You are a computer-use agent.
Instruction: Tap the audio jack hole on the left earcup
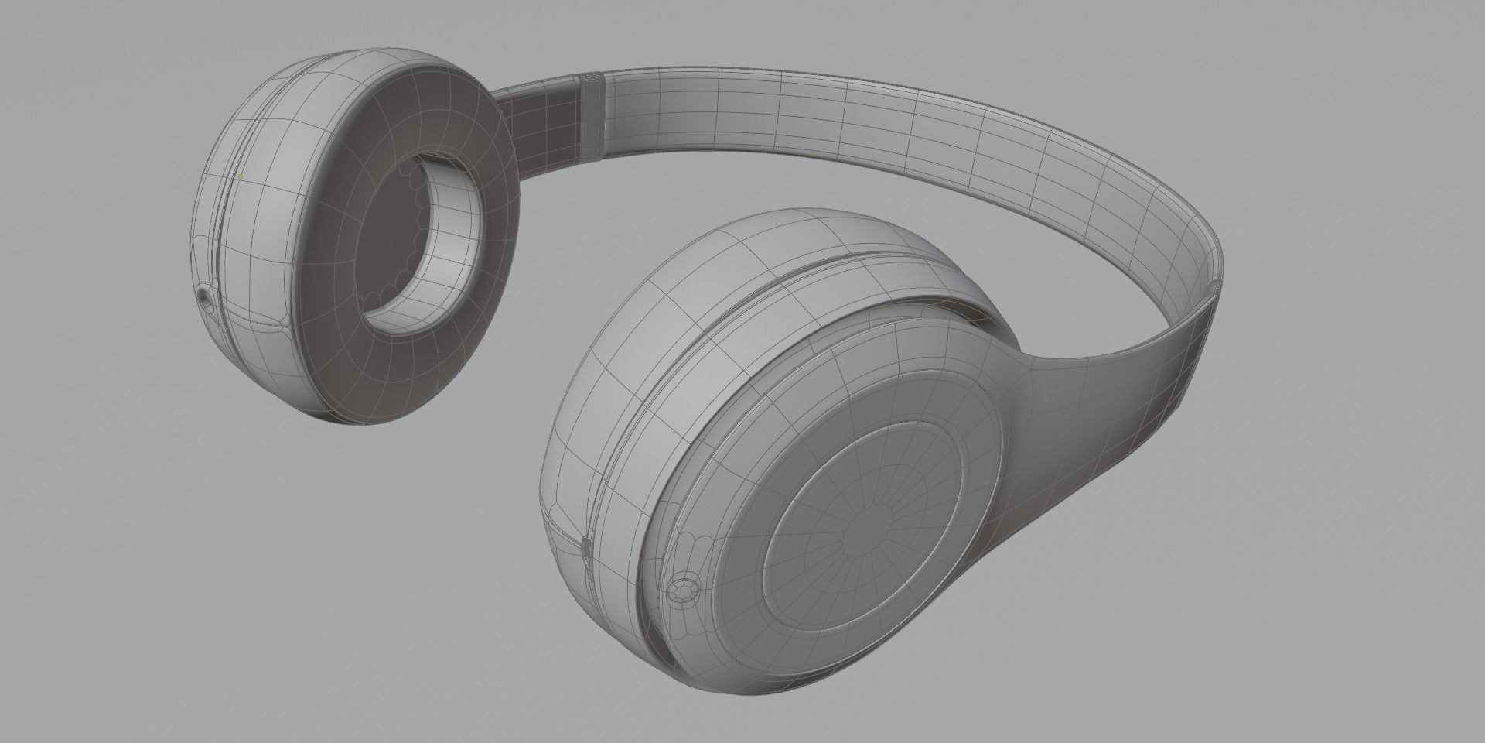point(203,296)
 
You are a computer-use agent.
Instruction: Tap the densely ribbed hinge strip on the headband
point(592,116)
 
